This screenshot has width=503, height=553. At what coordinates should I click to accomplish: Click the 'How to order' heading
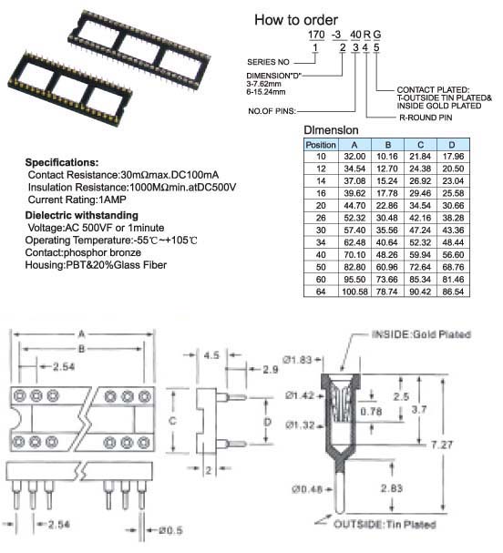tap(296, 20)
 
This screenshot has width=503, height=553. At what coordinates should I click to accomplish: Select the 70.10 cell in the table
tap(354, 254)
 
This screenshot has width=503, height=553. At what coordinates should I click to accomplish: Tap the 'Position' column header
tap(321, 145)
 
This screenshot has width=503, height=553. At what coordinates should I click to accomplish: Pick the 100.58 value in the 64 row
tap(354, 292)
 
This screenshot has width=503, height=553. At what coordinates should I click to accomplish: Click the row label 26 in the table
tap(321, 218)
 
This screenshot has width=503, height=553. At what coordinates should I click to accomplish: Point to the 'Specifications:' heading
tap(62, 162)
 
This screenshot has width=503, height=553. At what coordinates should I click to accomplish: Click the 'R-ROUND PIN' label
tap(426, 118)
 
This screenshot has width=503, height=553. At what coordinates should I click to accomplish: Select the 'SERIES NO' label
tap(268, 62)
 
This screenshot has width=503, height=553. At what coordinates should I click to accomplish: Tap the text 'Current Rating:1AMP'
tap(77, 200)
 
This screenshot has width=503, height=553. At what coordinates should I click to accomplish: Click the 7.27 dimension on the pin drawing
tap(441, 445)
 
